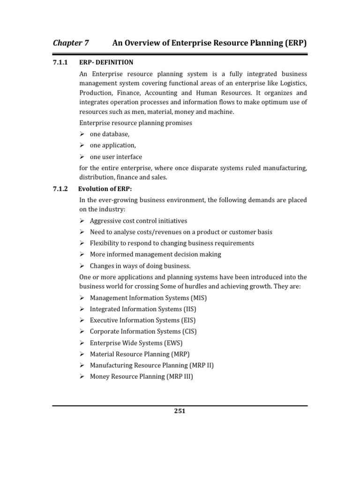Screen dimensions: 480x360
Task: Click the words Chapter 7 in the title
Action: [71, 43]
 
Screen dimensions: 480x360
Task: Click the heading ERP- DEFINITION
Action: [106, 62]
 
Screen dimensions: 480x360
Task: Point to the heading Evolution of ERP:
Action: [105, 189]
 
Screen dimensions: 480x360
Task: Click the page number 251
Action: [180, 411]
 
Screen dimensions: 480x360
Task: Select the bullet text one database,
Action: [109, 135]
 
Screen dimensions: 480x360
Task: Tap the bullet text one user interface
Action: [116, 157]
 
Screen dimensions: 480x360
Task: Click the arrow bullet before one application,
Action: [82, 146]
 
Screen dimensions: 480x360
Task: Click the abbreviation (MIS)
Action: [198, 298]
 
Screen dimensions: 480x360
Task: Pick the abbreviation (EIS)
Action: [188, 320]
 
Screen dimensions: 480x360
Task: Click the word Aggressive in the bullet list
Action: [106, 221]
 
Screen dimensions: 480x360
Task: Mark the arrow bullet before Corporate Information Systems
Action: [82, 331]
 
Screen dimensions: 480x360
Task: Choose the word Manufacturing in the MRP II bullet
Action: [111, 365]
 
